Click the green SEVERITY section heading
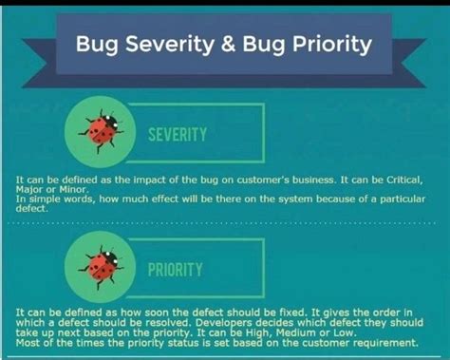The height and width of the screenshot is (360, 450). (178, 135)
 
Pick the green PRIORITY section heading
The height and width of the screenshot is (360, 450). (175, 270)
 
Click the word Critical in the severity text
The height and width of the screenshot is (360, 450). (405, 179)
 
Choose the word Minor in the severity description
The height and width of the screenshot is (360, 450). (75, 187)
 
